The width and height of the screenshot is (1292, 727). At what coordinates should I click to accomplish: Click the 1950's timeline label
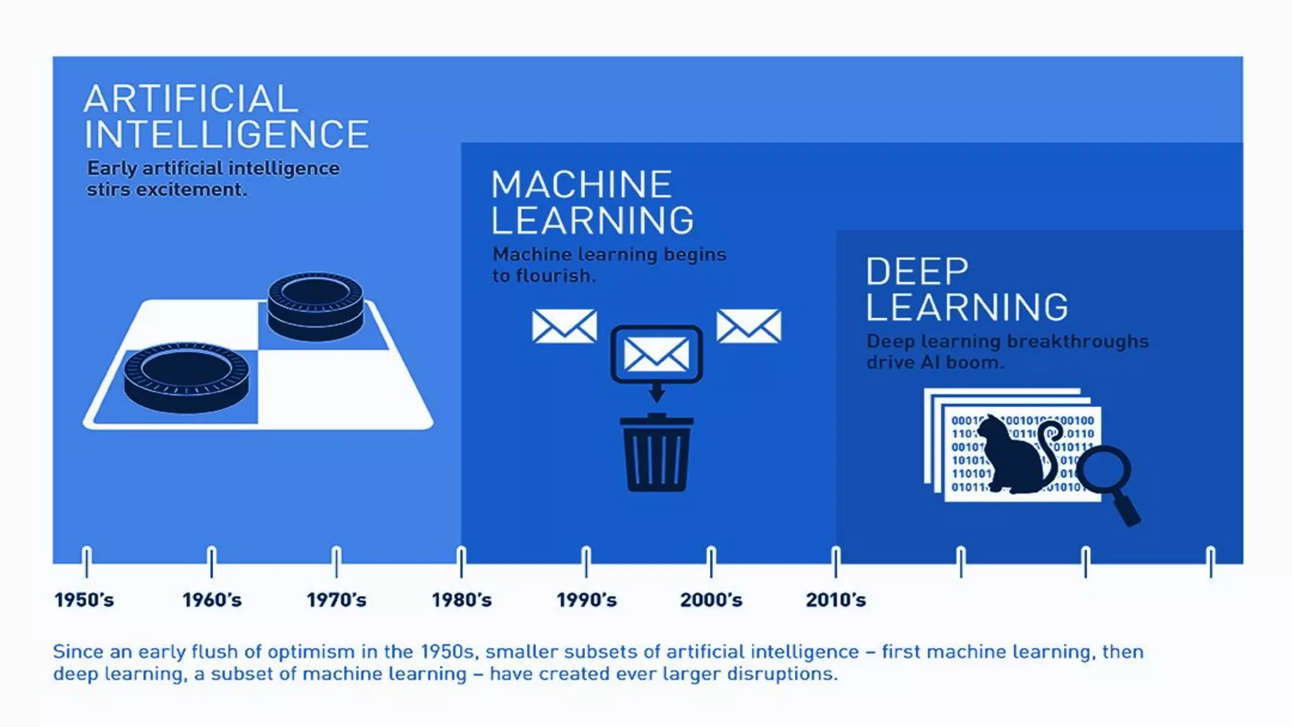pos(85,600)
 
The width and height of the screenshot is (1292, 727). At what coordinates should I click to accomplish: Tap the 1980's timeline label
pos(461,600)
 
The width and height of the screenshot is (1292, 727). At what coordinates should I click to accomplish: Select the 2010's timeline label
pos(836,600)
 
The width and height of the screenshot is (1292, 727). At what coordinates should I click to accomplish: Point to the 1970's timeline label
pos(336,600)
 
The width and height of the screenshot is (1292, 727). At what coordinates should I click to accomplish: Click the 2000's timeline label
pos(711,600)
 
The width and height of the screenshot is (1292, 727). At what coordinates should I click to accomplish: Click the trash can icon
pos(656,453)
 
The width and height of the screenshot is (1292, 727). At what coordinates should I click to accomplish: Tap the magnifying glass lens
pos(1103,471)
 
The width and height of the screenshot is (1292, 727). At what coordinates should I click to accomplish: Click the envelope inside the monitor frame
pos(656,353)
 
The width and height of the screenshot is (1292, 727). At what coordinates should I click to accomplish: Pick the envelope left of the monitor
pos(564,326)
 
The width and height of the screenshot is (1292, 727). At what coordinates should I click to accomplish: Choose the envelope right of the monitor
pos(749,326)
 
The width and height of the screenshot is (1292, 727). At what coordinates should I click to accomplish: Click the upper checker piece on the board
pos(315,305)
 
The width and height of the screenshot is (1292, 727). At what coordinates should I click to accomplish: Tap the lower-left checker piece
pos(186,377)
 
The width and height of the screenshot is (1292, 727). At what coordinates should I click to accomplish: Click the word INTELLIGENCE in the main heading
pos(226,134)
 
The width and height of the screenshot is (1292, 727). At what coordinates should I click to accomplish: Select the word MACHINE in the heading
pos(581,184)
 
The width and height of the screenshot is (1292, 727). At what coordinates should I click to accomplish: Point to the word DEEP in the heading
pos(917,271)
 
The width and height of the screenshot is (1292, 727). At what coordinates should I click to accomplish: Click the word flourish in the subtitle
pos(555,276)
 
